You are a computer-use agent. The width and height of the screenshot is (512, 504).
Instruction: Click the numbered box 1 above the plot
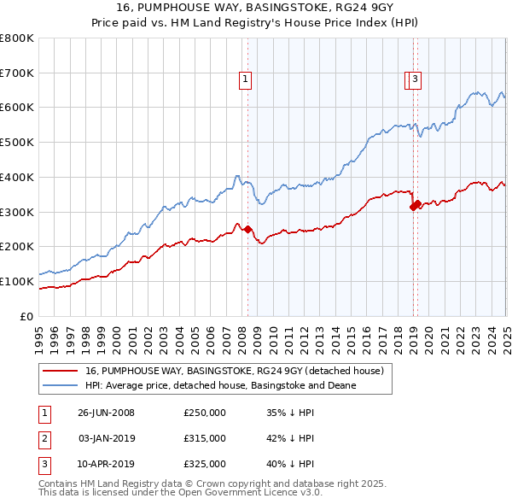(x=246, y=79)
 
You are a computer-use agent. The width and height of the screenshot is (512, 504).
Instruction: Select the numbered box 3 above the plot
(x=415, y=79)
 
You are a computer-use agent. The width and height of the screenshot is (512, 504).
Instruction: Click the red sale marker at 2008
(x=248, y=229)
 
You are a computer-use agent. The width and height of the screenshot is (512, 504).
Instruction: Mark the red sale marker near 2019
(x=415, y=204)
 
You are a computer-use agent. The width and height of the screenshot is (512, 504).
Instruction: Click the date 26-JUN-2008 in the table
(x=106, y=413)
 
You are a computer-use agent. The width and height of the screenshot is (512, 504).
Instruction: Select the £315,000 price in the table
(x=205, y=438)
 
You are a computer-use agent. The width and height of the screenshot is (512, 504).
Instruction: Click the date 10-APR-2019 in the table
(x=106, y=464)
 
